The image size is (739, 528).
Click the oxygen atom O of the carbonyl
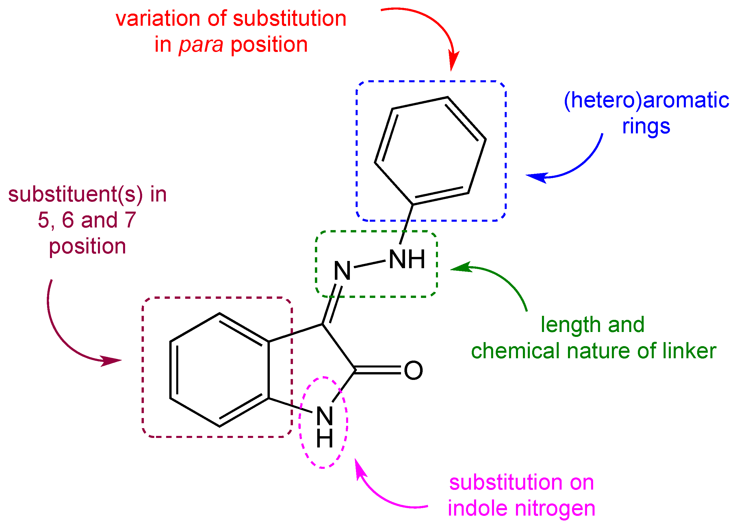click(413, 370)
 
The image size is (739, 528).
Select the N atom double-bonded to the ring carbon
click(342, 271)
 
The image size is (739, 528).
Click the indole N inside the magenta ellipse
click(324, 417)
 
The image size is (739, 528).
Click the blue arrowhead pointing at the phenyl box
click(537, 177)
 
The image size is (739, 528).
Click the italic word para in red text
click(201, 45)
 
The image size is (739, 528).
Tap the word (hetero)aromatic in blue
click(646, 100)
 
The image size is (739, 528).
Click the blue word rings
click(646, 126)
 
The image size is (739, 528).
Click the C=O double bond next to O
click(378, 370)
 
